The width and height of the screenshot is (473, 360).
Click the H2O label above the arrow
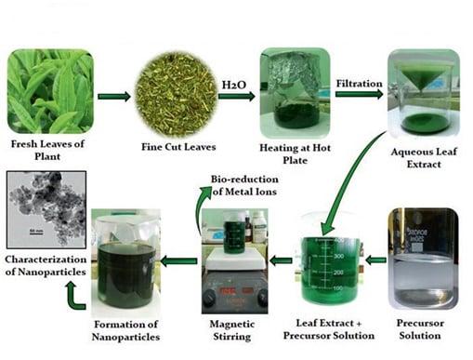point(234,85)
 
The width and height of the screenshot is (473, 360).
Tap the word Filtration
point(359,84)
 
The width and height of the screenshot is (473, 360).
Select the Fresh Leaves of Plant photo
point(50,91)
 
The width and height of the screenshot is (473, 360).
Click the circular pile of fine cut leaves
point(176,95)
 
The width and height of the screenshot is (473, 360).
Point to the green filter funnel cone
point(421,77)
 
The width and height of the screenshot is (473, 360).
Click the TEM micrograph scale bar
point(36,233)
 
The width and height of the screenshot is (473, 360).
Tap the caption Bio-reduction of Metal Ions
point(244,185)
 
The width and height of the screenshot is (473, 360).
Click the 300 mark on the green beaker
point(338,256)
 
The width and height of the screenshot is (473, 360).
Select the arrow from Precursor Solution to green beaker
point(375,260)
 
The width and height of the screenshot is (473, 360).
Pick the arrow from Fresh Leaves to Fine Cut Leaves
point(114,97)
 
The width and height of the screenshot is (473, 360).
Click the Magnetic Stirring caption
point(232,330)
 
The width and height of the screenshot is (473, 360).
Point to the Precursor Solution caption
point(420,329)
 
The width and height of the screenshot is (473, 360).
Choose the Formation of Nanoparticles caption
point(125,330)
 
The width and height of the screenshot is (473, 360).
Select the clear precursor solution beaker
point(423,259)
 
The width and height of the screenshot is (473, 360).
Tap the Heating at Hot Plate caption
point(295,153)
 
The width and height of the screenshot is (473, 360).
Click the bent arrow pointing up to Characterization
point(74,295)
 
